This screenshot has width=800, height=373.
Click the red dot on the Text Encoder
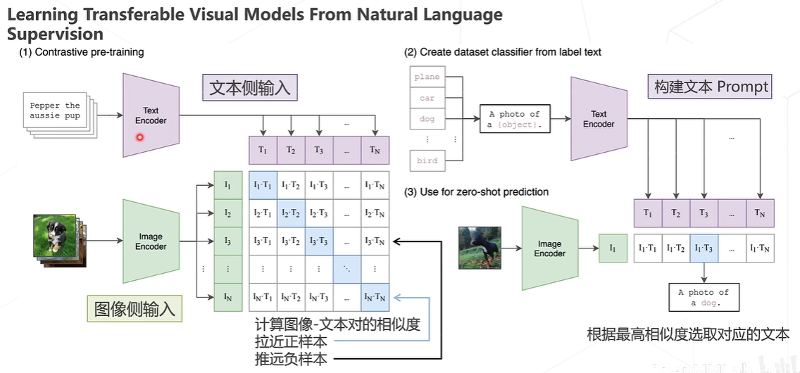point(139,137)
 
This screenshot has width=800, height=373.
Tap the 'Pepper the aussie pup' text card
point(55,111)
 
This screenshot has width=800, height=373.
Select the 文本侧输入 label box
point(249,89)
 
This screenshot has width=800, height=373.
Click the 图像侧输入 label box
point(135,309)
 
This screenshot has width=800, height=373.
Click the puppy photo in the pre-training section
point(54,235)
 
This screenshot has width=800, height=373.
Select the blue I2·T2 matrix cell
point(291,213)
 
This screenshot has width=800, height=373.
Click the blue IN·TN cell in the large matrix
point(374,297)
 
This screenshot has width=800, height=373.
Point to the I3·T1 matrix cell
point(263,241)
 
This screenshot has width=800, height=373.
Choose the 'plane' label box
point(427,77)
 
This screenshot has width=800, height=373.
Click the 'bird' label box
point(427,160)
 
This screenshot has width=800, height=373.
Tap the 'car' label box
point(427,98)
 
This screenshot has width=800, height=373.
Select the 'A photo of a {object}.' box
point(514,119)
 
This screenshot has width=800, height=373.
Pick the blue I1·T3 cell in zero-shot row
point(704,248)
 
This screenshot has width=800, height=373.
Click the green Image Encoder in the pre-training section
point(150,241)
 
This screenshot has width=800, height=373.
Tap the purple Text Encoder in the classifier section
point(598,119)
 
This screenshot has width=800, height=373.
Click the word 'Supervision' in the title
point(55,34)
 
